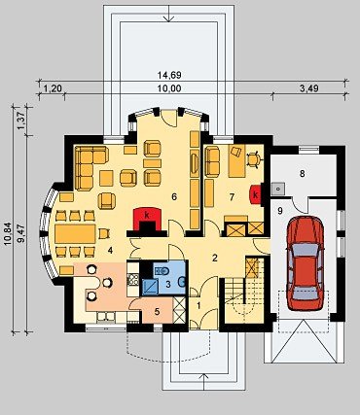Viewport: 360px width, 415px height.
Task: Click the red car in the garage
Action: [305, 262]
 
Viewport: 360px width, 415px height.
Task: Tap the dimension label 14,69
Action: [169, 75]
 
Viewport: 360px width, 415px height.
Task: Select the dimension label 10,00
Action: [169, 88]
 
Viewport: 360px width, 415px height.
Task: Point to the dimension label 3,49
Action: [308, 87]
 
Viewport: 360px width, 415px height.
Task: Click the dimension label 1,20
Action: [53, 88]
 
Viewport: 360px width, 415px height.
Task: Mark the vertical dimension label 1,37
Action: [21, 121]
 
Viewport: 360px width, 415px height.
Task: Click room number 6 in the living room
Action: [174, 196]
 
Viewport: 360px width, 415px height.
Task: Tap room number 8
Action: [303, 174]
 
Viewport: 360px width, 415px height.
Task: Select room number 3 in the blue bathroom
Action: [168, 285]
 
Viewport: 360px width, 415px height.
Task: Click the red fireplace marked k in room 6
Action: [148, 220]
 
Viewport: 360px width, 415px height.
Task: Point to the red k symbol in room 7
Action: [256, 194]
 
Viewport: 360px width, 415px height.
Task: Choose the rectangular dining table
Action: [75, 233]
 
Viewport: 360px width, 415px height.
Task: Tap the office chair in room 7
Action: [254, 159]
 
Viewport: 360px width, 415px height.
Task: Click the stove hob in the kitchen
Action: [132, 279]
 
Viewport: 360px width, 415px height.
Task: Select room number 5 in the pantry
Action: [157, 312]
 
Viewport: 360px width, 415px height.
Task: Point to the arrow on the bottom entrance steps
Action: [203, 382]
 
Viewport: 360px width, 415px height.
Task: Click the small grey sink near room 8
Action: [278, 189]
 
